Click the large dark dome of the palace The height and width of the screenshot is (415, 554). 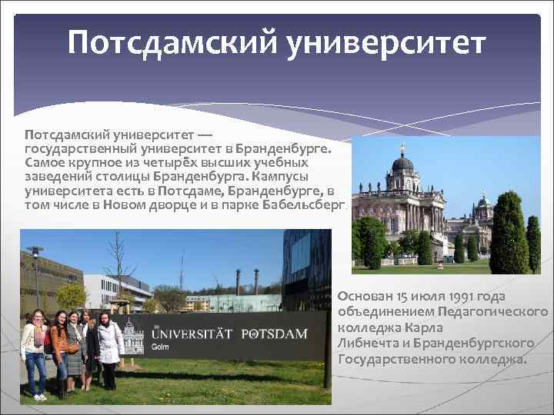point(402,162)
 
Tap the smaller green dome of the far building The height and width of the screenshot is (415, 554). point(483,202)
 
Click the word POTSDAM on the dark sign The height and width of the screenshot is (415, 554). point(274,334)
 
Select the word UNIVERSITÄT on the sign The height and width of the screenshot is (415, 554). point(193,334)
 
